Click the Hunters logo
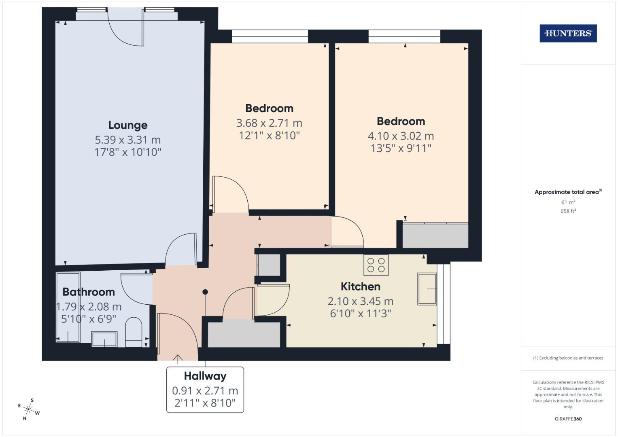coord(568,34)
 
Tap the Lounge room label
coord(128,125)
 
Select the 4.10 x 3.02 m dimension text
coord(401,136)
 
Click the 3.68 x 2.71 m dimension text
coord(269,123)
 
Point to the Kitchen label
coord(360,286)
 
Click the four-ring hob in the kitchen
coord(376,265)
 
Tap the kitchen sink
coord(427,289)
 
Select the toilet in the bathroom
coord(134,332)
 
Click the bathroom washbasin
coord(104,339)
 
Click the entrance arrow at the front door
coord(177,358)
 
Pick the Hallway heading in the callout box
coord(205,376)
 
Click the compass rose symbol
coord(28,409)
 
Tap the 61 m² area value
coord(568,202)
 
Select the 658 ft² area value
coord(568,211)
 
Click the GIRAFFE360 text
coord(568,419)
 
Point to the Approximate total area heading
coord(568,192)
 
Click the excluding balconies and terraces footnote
coord(568,358)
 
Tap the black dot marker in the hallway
coord(205,292)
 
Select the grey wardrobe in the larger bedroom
coord(435,235)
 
